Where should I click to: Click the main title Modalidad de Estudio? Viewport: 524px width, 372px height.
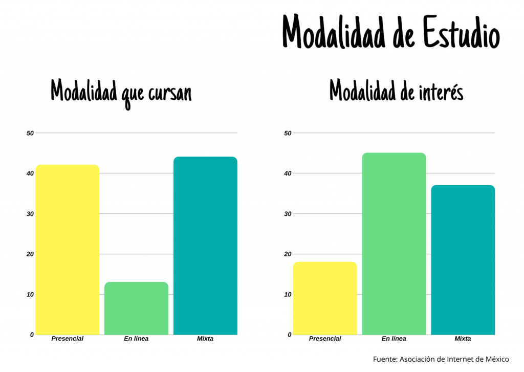[391, 32]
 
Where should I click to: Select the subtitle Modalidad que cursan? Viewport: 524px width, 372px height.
[121, 92]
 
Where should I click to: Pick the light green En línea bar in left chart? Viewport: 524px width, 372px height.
[136, 308]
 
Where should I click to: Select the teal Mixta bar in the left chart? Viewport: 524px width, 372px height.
[205, 246]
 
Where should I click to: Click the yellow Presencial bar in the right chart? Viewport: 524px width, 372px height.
[325, 298]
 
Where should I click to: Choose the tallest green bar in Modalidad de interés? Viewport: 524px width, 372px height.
[394, 244]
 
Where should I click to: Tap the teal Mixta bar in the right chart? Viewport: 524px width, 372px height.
[463, 260]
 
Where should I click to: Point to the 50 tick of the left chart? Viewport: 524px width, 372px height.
[30, 133]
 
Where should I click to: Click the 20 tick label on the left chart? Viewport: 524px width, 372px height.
[30, 254]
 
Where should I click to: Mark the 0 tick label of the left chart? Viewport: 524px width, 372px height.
[32, 335]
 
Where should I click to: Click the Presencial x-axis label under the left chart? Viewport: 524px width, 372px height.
[67, 339]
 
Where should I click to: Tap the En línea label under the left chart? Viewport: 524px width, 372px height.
[136, 339]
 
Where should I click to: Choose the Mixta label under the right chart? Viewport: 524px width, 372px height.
[463, 339]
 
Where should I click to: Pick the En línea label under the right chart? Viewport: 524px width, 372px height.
[394, 339]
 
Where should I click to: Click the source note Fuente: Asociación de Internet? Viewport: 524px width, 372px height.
[441, 359]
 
